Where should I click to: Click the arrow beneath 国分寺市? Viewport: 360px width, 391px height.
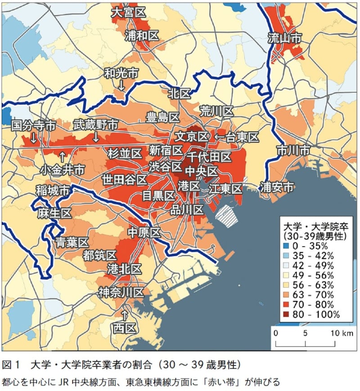point(32,138)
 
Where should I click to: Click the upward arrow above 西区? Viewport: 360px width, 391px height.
point(125,313)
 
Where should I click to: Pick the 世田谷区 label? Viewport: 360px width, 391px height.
point(124,180)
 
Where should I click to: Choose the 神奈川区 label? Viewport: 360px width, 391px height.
point(121,292)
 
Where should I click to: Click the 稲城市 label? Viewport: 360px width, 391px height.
point(53,191)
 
